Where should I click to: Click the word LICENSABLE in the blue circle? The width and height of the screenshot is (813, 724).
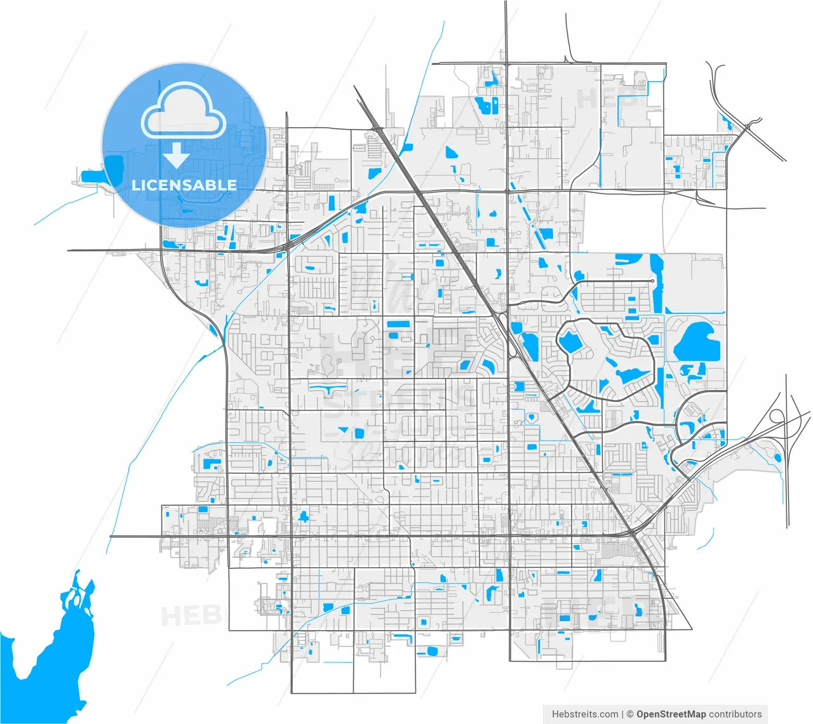[x=184, y=185]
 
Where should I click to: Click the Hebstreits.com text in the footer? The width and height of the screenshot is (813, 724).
[x=585, y=714]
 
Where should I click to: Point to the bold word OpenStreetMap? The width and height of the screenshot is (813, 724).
[x=671, y=714]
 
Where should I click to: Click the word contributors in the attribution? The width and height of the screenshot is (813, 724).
[x=736, y=714]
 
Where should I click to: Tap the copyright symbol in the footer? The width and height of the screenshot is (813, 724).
[x=630, y=714]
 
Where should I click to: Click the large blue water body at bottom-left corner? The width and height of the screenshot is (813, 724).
[x=51, y=654]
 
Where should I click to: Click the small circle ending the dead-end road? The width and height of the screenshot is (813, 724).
[x=652, y=281]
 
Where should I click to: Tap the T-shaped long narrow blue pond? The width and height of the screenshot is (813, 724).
[x=327, y=387]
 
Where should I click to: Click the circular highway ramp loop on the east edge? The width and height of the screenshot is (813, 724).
[x=777, y=417]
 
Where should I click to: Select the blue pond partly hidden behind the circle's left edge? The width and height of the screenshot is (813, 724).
[x=114, y=168]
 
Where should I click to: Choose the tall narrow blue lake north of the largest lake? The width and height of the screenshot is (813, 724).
[x=656, y=279]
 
